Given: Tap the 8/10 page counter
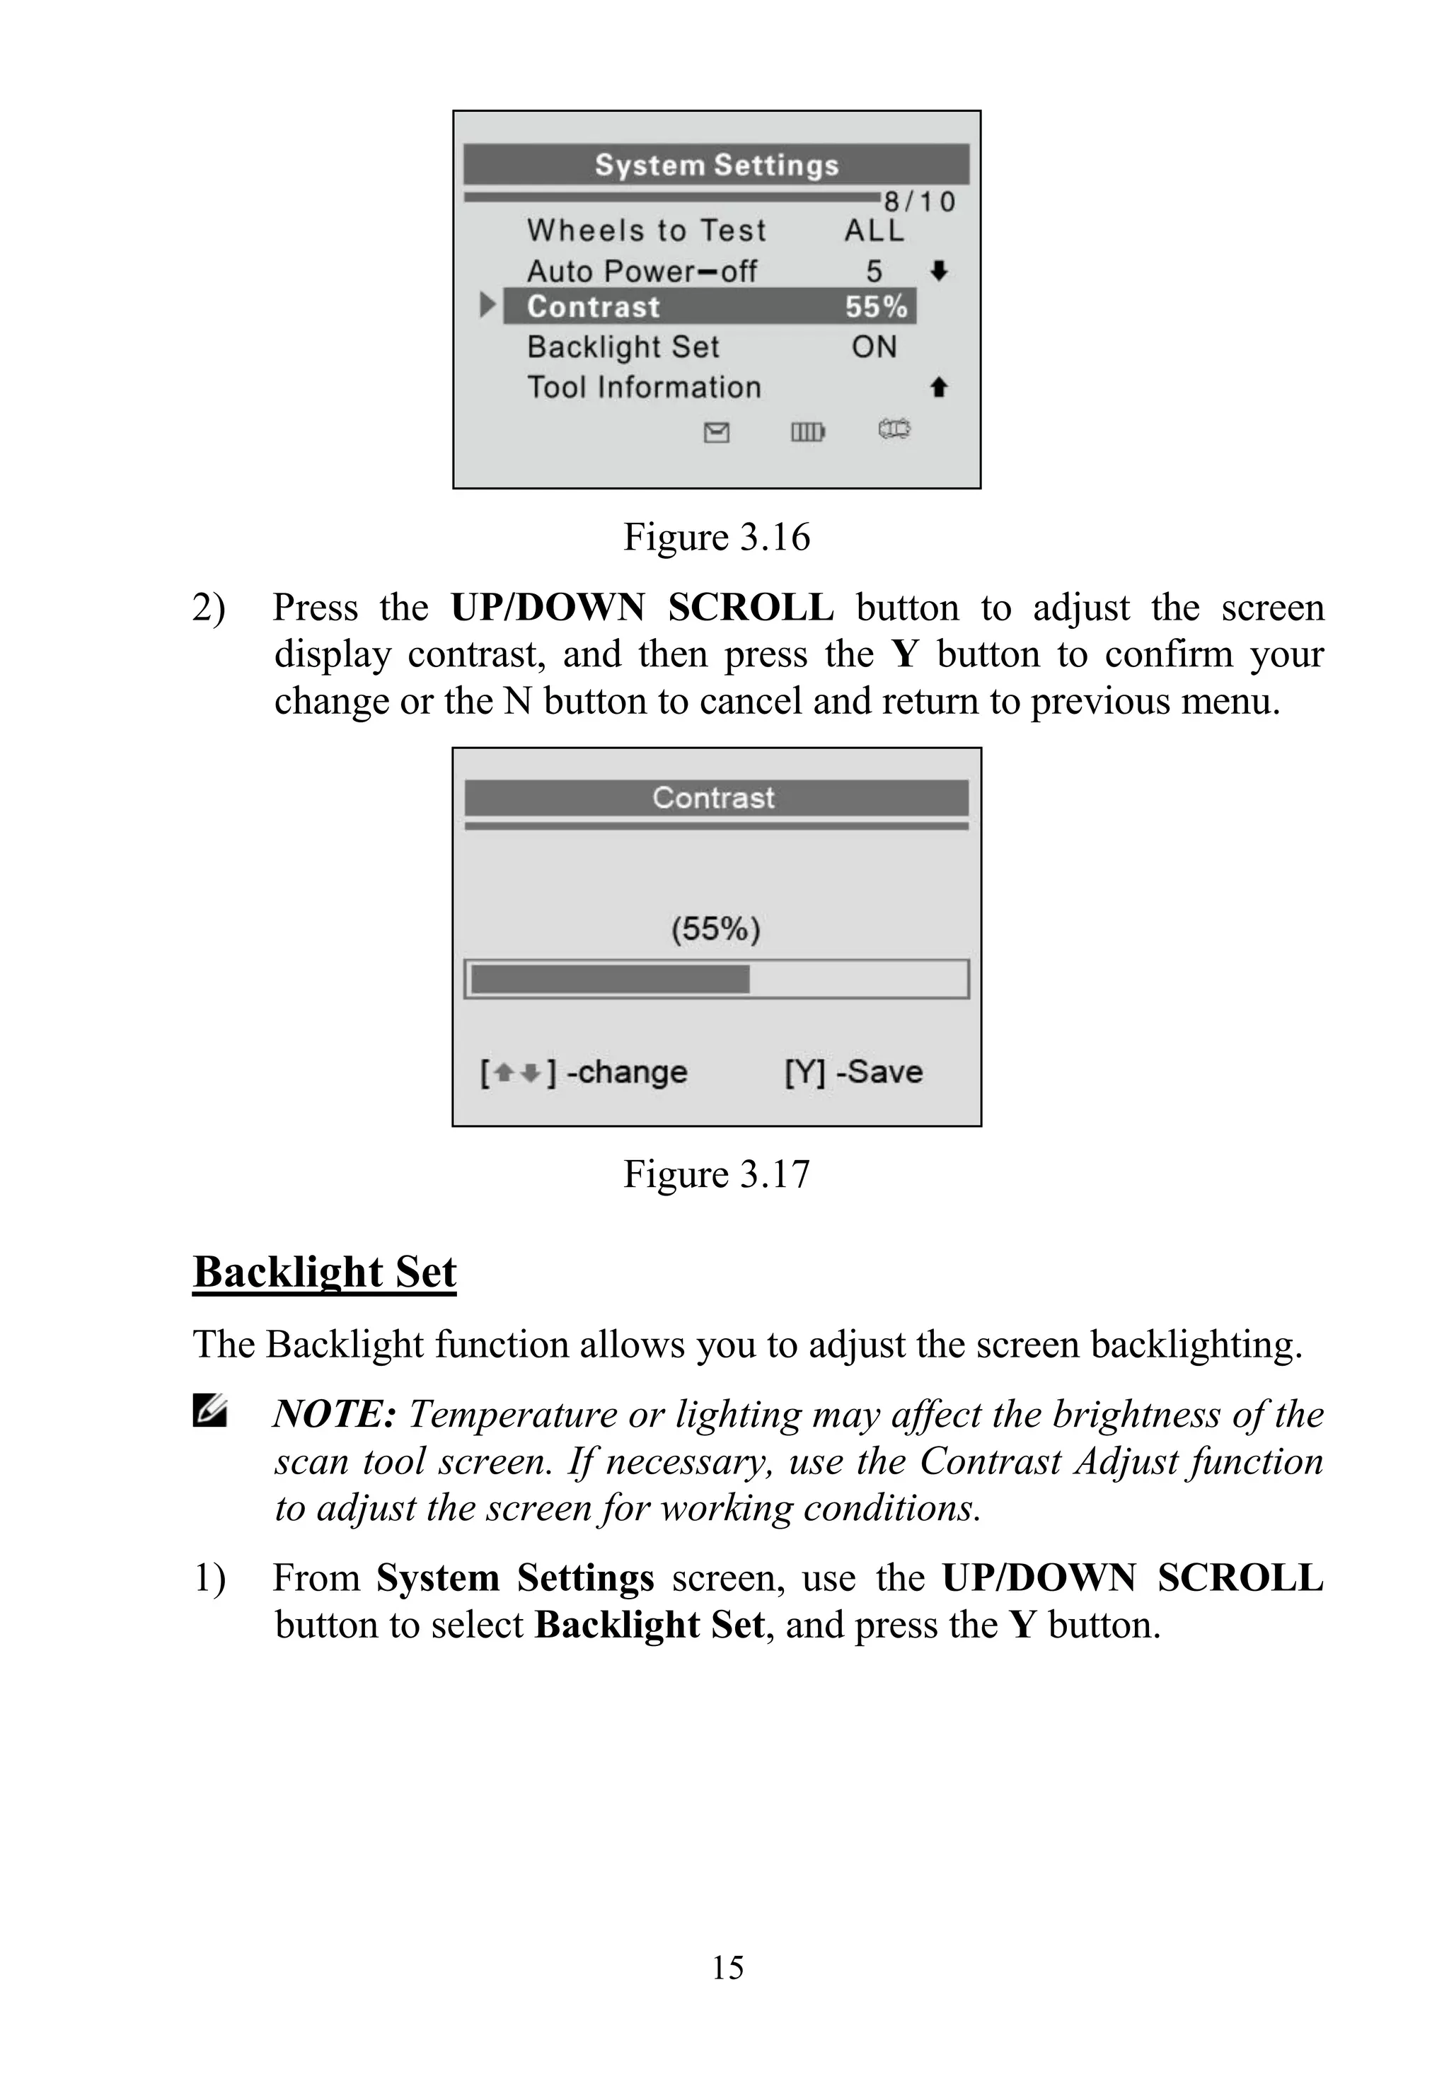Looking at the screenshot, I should pos(920,202).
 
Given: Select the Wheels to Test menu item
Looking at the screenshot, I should pos(647,231).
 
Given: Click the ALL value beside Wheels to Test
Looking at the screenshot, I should pos(874,231).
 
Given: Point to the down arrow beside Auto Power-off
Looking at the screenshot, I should pos(940,270).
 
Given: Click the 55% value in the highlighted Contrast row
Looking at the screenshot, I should pos(876,307).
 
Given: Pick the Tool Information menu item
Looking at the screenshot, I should pos(644,388).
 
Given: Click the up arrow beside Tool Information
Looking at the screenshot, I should pos(940,388).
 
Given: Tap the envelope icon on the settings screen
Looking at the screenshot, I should pos(716,433).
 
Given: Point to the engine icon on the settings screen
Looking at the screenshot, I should pos(894,429).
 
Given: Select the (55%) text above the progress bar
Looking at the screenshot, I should pos(715,929).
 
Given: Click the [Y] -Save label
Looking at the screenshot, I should pos(853,1072).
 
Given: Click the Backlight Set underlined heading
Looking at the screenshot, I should pos(324,1272).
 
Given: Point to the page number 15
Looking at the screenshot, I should pos(727,1968).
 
